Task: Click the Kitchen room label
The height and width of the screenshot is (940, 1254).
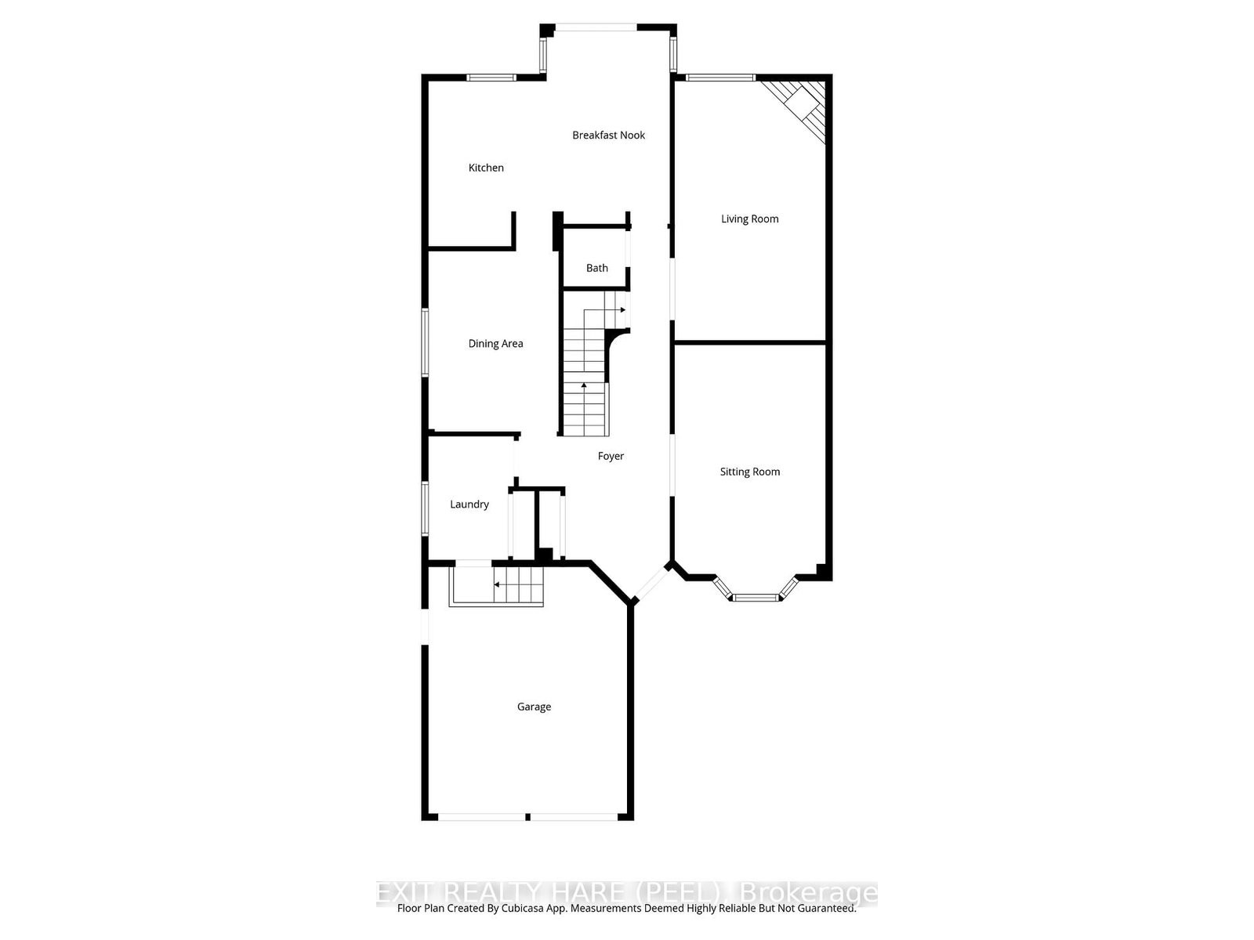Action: tap(486, 168)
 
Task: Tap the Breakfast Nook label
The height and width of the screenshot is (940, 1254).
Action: tap(608, 136)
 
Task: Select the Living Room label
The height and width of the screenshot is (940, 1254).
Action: tap(749, 219)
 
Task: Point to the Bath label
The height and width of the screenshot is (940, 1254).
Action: tap(596, 268)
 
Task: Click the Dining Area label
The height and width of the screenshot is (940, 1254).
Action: tap(495, 344)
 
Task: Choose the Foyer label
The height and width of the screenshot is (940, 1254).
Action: tap(611, 456)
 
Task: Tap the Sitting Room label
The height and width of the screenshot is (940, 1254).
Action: tap(749, 472)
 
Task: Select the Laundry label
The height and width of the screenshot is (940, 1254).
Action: tap(469, 504)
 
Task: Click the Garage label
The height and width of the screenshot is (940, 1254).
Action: tap(534, 707)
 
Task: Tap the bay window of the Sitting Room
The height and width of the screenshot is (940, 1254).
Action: tap(756, 597)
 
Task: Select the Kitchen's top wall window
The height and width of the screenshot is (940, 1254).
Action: tap(491, 78)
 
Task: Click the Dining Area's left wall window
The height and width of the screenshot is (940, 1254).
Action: tap(426, 342)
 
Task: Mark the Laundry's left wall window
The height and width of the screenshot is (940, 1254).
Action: tap(426, 508)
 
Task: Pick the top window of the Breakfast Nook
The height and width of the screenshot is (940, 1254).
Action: tap(596, 29)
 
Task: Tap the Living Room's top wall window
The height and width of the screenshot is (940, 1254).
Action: tap(720, 78)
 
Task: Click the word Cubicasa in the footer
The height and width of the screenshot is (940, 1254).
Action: tap(533, 909)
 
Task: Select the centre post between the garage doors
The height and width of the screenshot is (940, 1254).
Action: tap(528, 817)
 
